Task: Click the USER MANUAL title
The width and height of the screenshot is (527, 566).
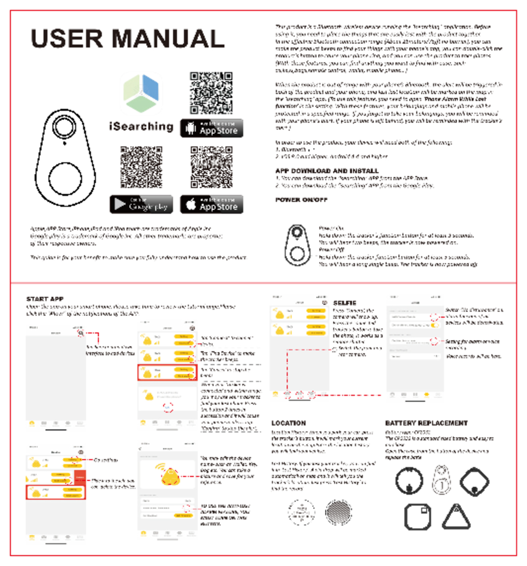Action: click(x=128, y=39)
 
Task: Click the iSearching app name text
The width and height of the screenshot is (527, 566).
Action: click(x=141, y=127)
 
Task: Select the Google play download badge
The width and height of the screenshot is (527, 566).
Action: click(x=141, y=204)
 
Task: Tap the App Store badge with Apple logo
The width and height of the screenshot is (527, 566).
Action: click(x=212, y=204)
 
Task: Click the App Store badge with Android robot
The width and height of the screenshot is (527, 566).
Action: click(x=212, y=128)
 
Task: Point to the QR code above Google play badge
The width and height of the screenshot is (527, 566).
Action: click(x=141, y=167)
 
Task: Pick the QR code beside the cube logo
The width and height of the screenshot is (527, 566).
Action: click(x=211, y=93)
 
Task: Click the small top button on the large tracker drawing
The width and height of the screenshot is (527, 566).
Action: click(x=64, y=127)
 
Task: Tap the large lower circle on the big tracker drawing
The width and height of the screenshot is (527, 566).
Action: click(x=65, y=178)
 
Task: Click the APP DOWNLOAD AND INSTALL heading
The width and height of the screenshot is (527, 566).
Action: click(x=327, y=171)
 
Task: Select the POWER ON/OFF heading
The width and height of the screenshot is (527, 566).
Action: click(x=301, y=200)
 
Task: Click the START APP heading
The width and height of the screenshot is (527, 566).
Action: click(x=45, y=299)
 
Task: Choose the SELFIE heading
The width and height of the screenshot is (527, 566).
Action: click(x=344, y=303)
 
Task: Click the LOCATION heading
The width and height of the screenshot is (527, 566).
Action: click(x=289, y=423)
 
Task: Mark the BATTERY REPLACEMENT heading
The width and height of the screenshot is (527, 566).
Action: click(x=426, y=423)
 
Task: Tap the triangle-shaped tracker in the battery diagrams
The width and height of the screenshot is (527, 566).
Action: click(x=456, y=516)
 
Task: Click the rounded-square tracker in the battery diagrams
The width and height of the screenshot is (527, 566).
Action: click(x=417, y=517)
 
